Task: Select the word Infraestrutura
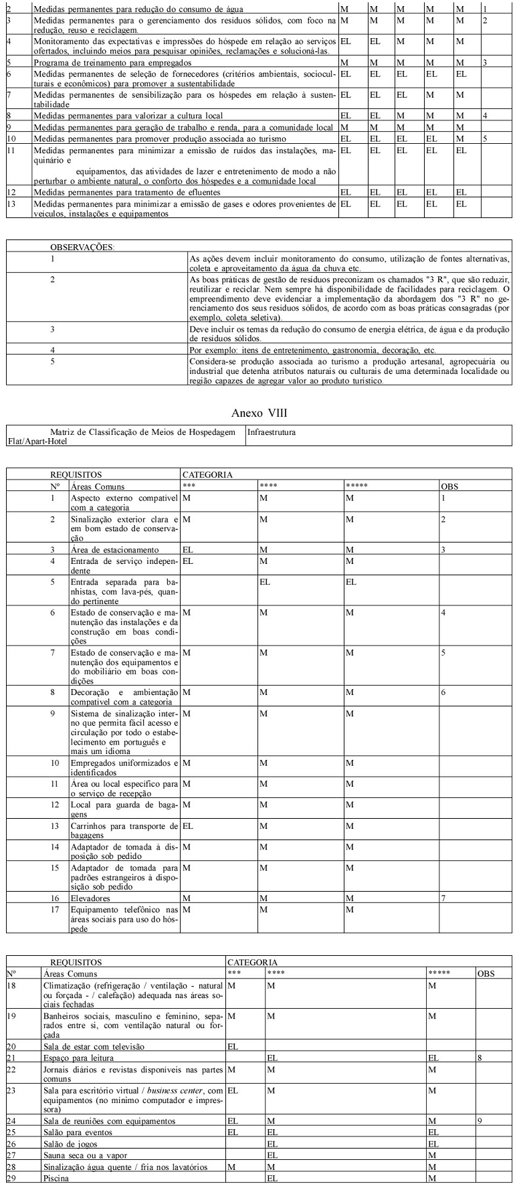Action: (271, 433)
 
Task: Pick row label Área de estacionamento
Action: (105, 549)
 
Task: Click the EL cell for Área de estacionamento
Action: (188, 549)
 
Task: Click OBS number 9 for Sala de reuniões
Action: (480, 1120)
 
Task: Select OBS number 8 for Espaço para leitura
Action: (480, 1058)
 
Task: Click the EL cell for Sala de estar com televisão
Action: (233, 1046)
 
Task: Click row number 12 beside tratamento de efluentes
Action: (10, 192)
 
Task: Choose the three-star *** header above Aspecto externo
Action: (188, 487)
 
